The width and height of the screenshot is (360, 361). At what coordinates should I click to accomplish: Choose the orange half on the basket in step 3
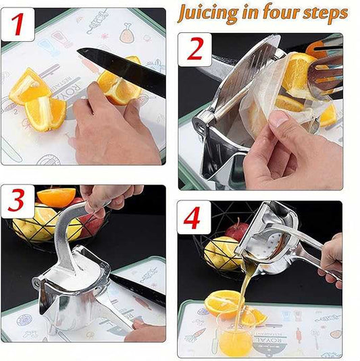point(56,196)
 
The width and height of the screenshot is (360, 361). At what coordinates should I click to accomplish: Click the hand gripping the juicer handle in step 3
point(108,197)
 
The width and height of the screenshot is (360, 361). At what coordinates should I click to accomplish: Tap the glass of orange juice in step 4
point(236,334)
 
